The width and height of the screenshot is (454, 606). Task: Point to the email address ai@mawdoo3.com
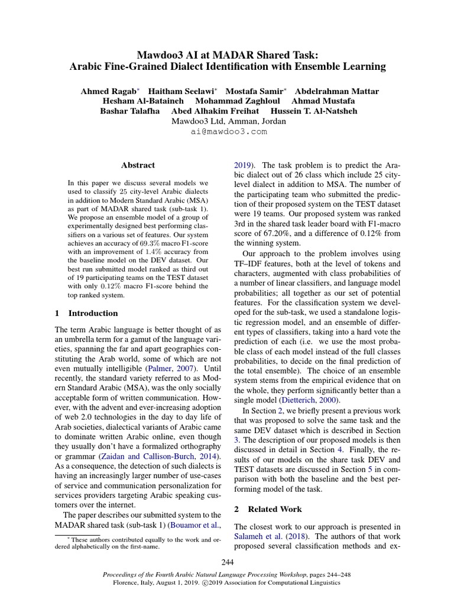[228, 131]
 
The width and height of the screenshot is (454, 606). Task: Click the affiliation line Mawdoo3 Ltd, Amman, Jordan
[228, 121]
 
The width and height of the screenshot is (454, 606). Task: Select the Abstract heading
[138, 165]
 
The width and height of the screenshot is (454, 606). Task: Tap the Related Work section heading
[274, 508]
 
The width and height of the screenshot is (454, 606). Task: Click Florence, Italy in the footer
[135, 582]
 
